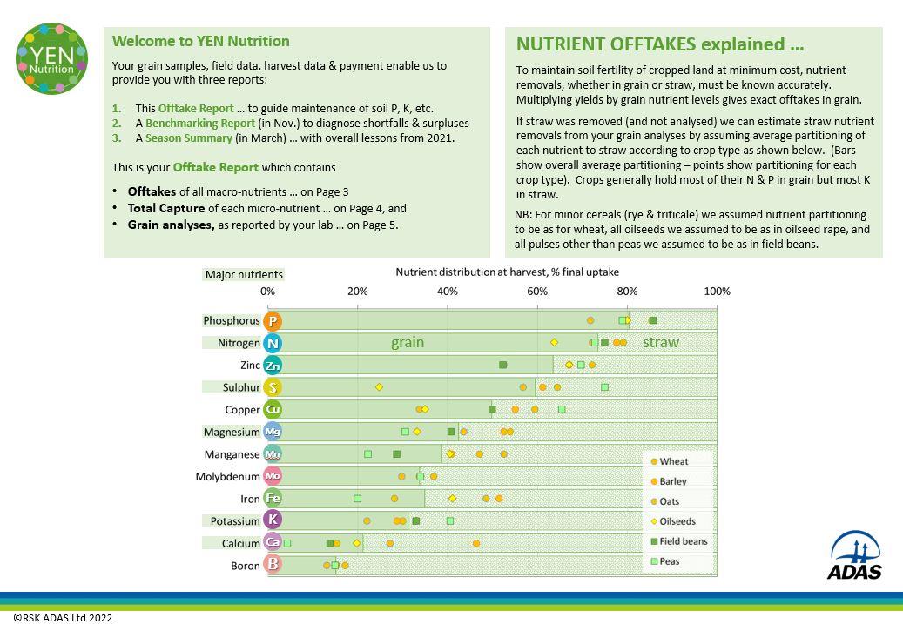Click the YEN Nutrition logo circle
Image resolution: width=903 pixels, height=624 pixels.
pos(52,58)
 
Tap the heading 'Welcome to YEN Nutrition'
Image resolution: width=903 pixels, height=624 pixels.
pos(200,41)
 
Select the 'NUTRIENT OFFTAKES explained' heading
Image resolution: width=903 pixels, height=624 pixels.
pos(659,44)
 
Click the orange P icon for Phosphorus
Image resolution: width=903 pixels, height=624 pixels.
pos(273,321)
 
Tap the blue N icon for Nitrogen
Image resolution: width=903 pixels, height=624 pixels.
pos(273,343)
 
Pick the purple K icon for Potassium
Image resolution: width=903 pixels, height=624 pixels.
pos(273,520)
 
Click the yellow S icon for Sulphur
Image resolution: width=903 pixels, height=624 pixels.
pos(273,387)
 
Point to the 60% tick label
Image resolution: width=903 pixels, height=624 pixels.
pos(537,291)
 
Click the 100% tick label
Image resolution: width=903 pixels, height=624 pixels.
pos(717,291)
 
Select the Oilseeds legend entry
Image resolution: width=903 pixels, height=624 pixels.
pos(677,521)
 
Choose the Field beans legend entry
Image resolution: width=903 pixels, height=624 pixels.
pos(682,541)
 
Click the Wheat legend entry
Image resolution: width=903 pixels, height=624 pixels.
pos(672,461)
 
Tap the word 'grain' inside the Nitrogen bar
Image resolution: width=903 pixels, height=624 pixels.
pos(408,343)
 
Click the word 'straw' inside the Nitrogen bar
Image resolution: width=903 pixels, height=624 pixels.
pos(660,343)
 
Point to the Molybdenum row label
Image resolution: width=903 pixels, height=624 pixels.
pos(227,477)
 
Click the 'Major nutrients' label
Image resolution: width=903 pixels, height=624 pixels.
pos(244,274)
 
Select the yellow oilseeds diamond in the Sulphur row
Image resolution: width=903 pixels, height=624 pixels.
pos(379,386)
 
